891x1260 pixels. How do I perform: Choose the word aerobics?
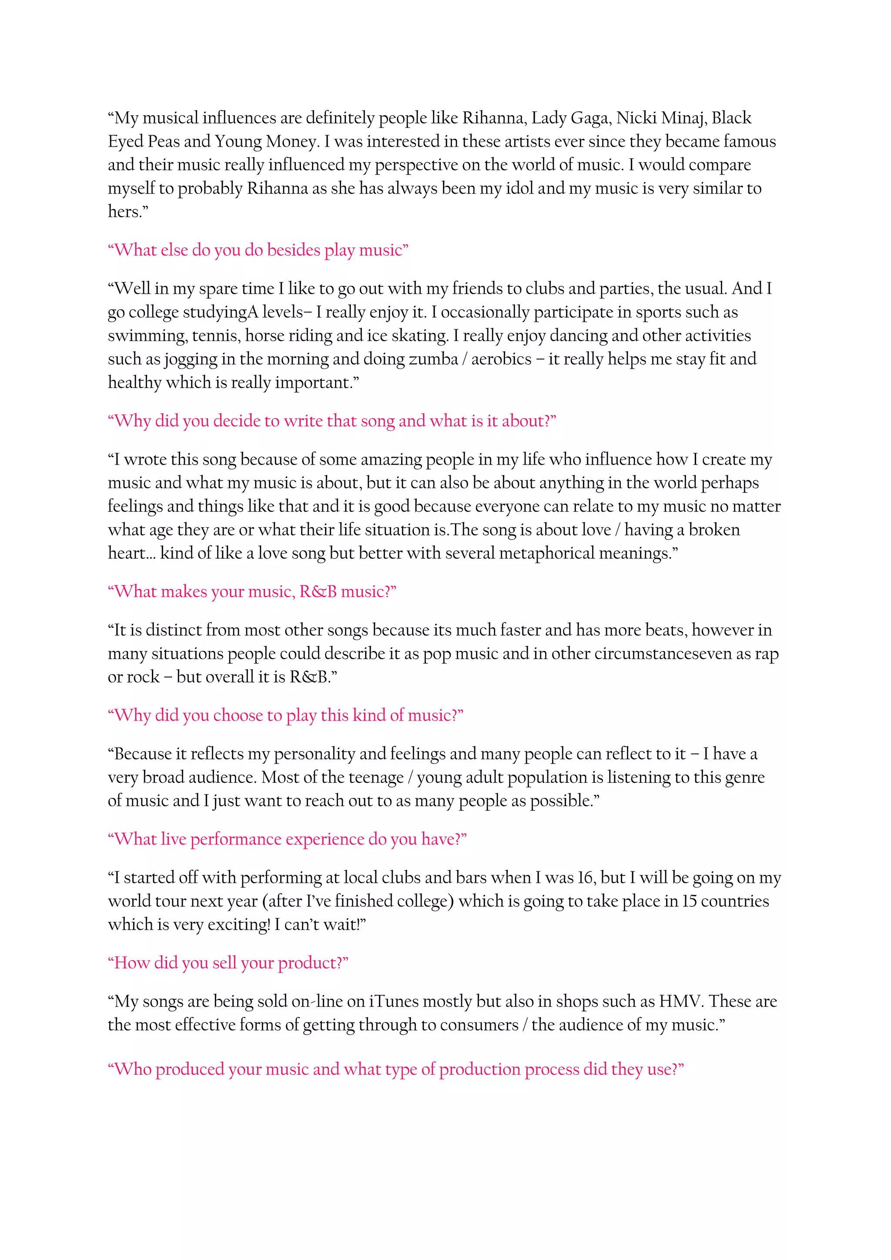502,359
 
